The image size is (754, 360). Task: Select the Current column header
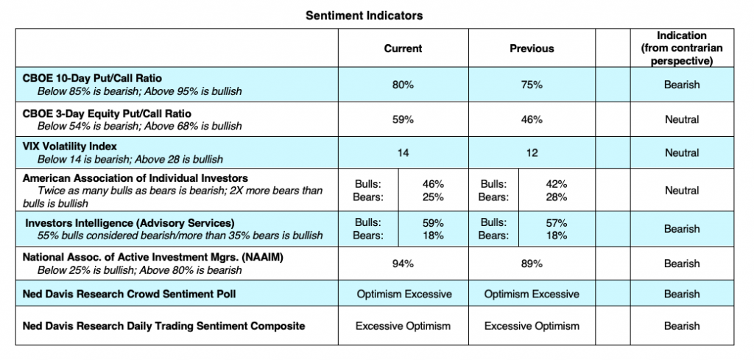pyautogui.click(x=403, y=49)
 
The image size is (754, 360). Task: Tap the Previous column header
pyautogui.click(x=532, y=49)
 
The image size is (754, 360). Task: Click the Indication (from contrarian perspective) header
pyautogui.click(x=681, y=49)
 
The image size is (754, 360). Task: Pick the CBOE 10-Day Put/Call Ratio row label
pyautogui.click(x=93, y=78)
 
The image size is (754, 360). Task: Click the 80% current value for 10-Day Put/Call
pyautogui.click(x=403, y=85)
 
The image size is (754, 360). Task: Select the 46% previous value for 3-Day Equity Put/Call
pyautogui.click(x=532, y=119)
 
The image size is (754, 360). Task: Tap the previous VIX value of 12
pyautogui.click(x=532, y=153)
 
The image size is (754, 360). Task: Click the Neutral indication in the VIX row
pyautogui.click(x=681, y=153)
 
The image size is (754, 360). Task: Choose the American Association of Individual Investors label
pyautogui.click(x=135, y=178)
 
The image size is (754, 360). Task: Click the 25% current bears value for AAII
pyautogui.click(x=434, y=197)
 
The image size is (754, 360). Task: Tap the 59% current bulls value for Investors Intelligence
pyautogui.click(x=434, y=222)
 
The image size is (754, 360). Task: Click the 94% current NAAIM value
pyautogui.click(x=403, y=264)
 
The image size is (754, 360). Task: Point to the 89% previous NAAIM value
pyautogui.click(x=532, y=264)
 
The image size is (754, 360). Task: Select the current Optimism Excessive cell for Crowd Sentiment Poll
pyautogui.click(x=404, y=294)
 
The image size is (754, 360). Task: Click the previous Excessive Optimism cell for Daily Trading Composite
pyautogui.click(x=532, y=325)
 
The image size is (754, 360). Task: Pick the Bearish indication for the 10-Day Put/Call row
pyautogui.click(x=681, y=85)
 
